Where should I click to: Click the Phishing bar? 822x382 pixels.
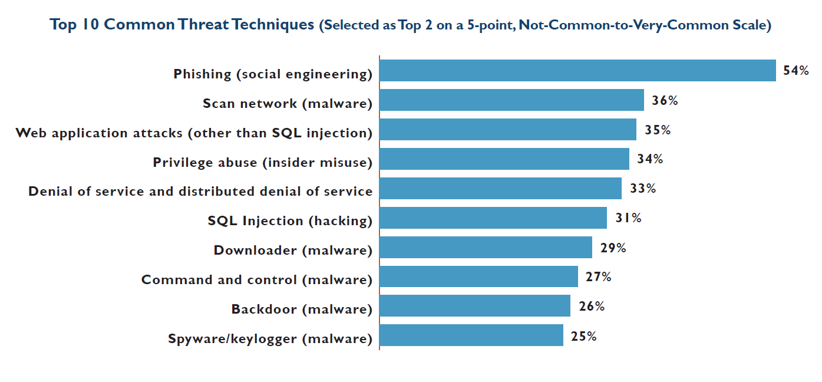pyautogui.click(x=577, y=71)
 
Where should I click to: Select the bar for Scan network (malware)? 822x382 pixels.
pyautogui.click(x=511, y=100)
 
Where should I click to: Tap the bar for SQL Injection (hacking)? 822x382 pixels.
pyautogui.click(x=493, y=218)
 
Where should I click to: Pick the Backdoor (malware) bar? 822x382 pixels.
pyautogui.click(x=475, y=307)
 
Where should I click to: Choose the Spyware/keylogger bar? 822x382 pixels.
pyautogui.click(x=471, y=336)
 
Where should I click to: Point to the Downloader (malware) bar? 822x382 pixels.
pyautogui.click(x=486, y=248)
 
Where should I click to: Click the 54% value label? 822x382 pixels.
pyautogui.click(x=796, y=71)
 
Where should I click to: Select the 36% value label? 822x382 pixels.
pyautogui.click(x=665, y=100)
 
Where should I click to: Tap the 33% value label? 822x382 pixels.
pyautogui.click(x=643, y=189)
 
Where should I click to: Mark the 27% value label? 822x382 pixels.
pyautogui.click(x=599, y=277)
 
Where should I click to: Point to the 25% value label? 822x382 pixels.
pyautogui.click(x=584, y=336)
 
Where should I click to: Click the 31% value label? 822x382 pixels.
pyautogui.click(x=628, y=218)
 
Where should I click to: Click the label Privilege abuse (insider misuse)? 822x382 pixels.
pyautogui.click(x=263, y=163)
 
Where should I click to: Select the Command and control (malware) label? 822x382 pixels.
pyautogui.click(x=257, y=280)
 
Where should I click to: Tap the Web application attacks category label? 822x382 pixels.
pyautogui.click(x=194, y=133)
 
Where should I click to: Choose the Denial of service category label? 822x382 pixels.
pyautogui.click(x=200, y=192)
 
